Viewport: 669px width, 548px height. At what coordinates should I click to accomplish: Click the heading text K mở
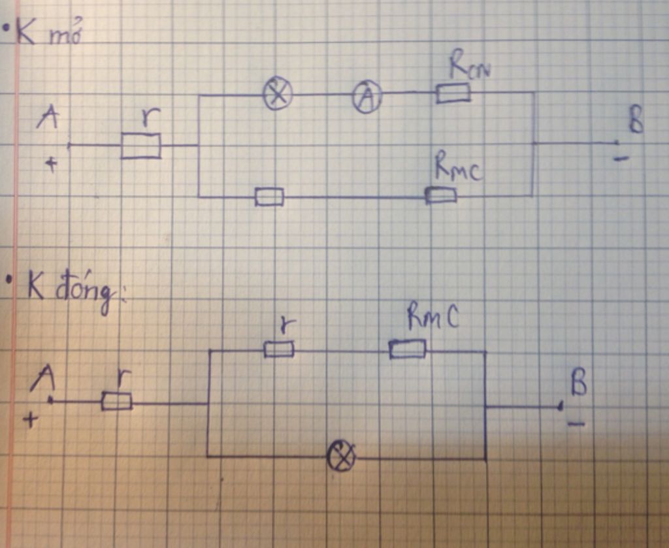point(49,34)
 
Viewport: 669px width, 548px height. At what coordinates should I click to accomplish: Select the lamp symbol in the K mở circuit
point(278,94)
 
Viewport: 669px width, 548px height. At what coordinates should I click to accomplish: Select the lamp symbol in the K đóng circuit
point(341,456)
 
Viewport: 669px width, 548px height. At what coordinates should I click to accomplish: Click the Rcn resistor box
point(453,94)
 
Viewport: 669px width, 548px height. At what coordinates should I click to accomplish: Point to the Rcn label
point(468,66)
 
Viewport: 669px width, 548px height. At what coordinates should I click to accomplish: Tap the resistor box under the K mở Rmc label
point(441,195)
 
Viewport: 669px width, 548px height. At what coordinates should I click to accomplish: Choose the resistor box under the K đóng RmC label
point(408,349)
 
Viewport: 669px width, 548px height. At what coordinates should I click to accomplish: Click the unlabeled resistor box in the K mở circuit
point(269,196)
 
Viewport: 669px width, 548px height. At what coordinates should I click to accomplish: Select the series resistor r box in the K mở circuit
point(141,146)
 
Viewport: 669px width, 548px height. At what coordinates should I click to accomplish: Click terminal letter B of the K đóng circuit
point(579,385)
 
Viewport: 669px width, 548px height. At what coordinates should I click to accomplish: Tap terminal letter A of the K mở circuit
point(48,118)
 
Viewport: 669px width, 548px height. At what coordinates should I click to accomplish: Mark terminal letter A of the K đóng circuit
point(45,378)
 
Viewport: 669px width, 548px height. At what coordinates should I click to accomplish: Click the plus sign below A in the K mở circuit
point(50,164)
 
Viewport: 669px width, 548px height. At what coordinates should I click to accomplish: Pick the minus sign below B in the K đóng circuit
point(576,425)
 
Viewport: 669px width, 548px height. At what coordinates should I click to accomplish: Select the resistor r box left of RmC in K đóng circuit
point(279,349)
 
